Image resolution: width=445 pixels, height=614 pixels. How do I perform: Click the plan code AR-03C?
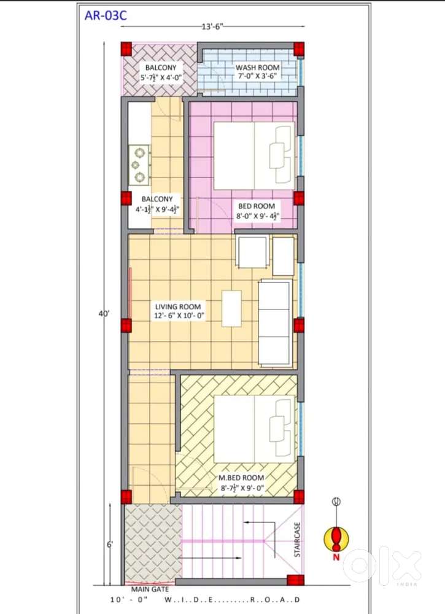(106, 15)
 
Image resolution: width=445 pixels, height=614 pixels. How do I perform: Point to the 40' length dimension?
(106, 314)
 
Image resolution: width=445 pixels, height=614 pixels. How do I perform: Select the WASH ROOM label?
(258, 67)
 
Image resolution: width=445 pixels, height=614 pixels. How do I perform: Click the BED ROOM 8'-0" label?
(257, 206)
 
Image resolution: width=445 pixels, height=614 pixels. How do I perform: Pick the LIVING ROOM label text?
(178, 306)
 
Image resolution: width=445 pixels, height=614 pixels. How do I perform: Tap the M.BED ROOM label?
(242, 478)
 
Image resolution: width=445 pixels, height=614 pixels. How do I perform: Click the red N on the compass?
(336, 558)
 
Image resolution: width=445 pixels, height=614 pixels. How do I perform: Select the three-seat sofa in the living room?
(275, 323)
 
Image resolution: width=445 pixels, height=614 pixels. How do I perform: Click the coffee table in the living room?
(231, 308)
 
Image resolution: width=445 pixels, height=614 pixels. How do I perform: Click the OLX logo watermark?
(382, 565)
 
